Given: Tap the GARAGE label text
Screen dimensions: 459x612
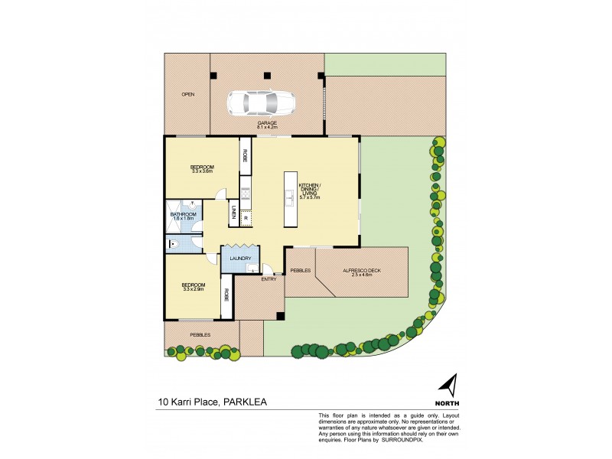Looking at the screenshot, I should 267,122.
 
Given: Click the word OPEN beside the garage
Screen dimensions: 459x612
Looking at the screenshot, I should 187,95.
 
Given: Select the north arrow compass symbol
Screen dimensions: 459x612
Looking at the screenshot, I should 451,383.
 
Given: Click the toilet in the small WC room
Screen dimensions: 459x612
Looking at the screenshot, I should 174,245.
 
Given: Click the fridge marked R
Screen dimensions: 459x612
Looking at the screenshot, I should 245,219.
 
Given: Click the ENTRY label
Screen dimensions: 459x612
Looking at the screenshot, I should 269,278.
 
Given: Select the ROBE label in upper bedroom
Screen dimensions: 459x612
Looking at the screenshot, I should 246,155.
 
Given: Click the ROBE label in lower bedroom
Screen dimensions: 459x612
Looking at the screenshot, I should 226,295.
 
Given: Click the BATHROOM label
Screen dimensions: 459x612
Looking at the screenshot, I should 184,214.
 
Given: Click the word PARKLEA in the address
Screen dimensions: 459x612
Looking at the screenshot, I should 246,401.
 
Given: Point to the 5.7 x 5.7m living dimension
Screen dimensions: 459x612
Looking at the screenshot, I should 309,197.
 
